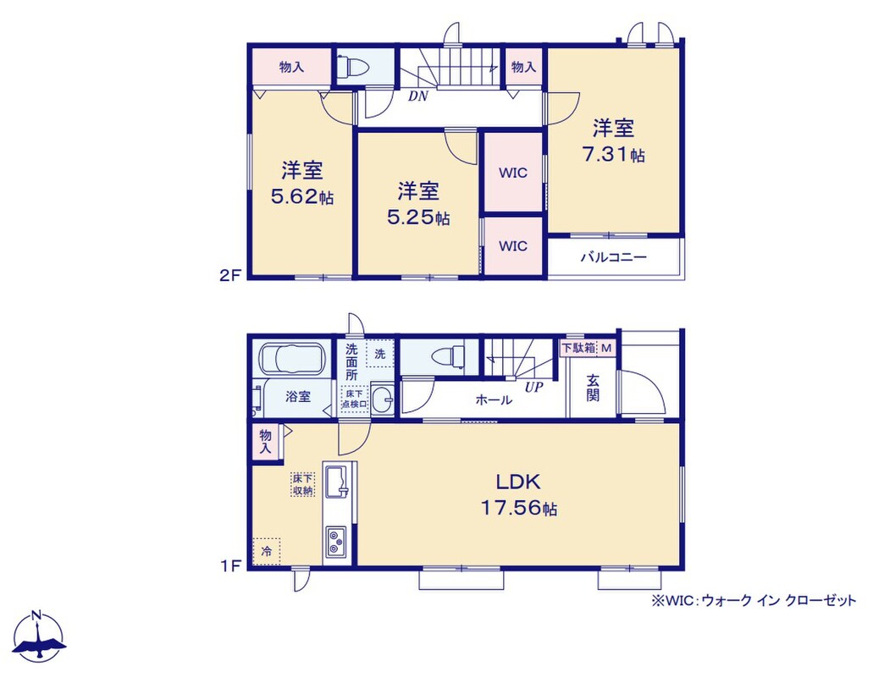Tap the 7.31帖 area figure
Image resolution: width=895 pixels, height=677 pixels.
pos(614,154)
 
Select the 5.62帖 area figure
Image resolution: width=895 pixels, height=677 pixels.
pos(302,197)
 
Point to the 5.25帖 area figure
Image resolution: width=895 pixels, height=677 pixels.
pos(418,217)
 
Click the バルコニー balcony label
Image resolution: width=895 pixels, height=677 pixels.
pos(614,257)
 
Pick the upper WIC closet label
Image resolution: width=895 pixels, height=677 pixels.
pos(513,173)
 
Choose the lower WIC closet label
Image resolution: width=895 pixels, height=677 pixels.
pos(513,245)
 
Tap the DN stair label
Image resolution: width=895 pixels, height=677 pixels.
pos(417,96)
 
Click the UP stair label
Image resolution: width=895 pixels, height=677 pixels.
pos(533,388)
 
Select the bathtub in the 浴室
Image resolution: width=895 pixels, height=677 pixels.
pos(292,360)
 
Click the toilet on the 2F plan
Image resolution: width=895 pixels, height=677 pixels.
pos(353,68)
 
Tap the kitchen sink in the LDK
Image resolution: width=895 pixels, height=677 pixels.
pos(337,482)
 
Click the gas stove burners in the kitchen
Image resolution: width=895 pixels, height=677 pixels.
pos(335,542)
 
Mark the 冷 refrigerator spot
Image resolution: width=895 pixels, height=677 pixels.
pos(267,552)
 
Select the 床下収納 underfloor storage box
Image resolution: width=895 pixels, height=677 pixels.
pos(302,484)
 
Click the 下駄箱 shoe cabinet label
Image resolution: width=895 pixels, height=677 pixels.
pos(579,347)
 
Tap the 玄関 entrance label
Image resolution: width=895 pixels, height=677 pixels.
pos(593,388)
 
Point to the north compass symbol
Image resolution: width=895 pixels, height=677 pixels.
pos(38,637)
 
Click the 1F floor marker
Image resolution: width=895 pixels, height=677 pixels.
pos(230,566)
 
